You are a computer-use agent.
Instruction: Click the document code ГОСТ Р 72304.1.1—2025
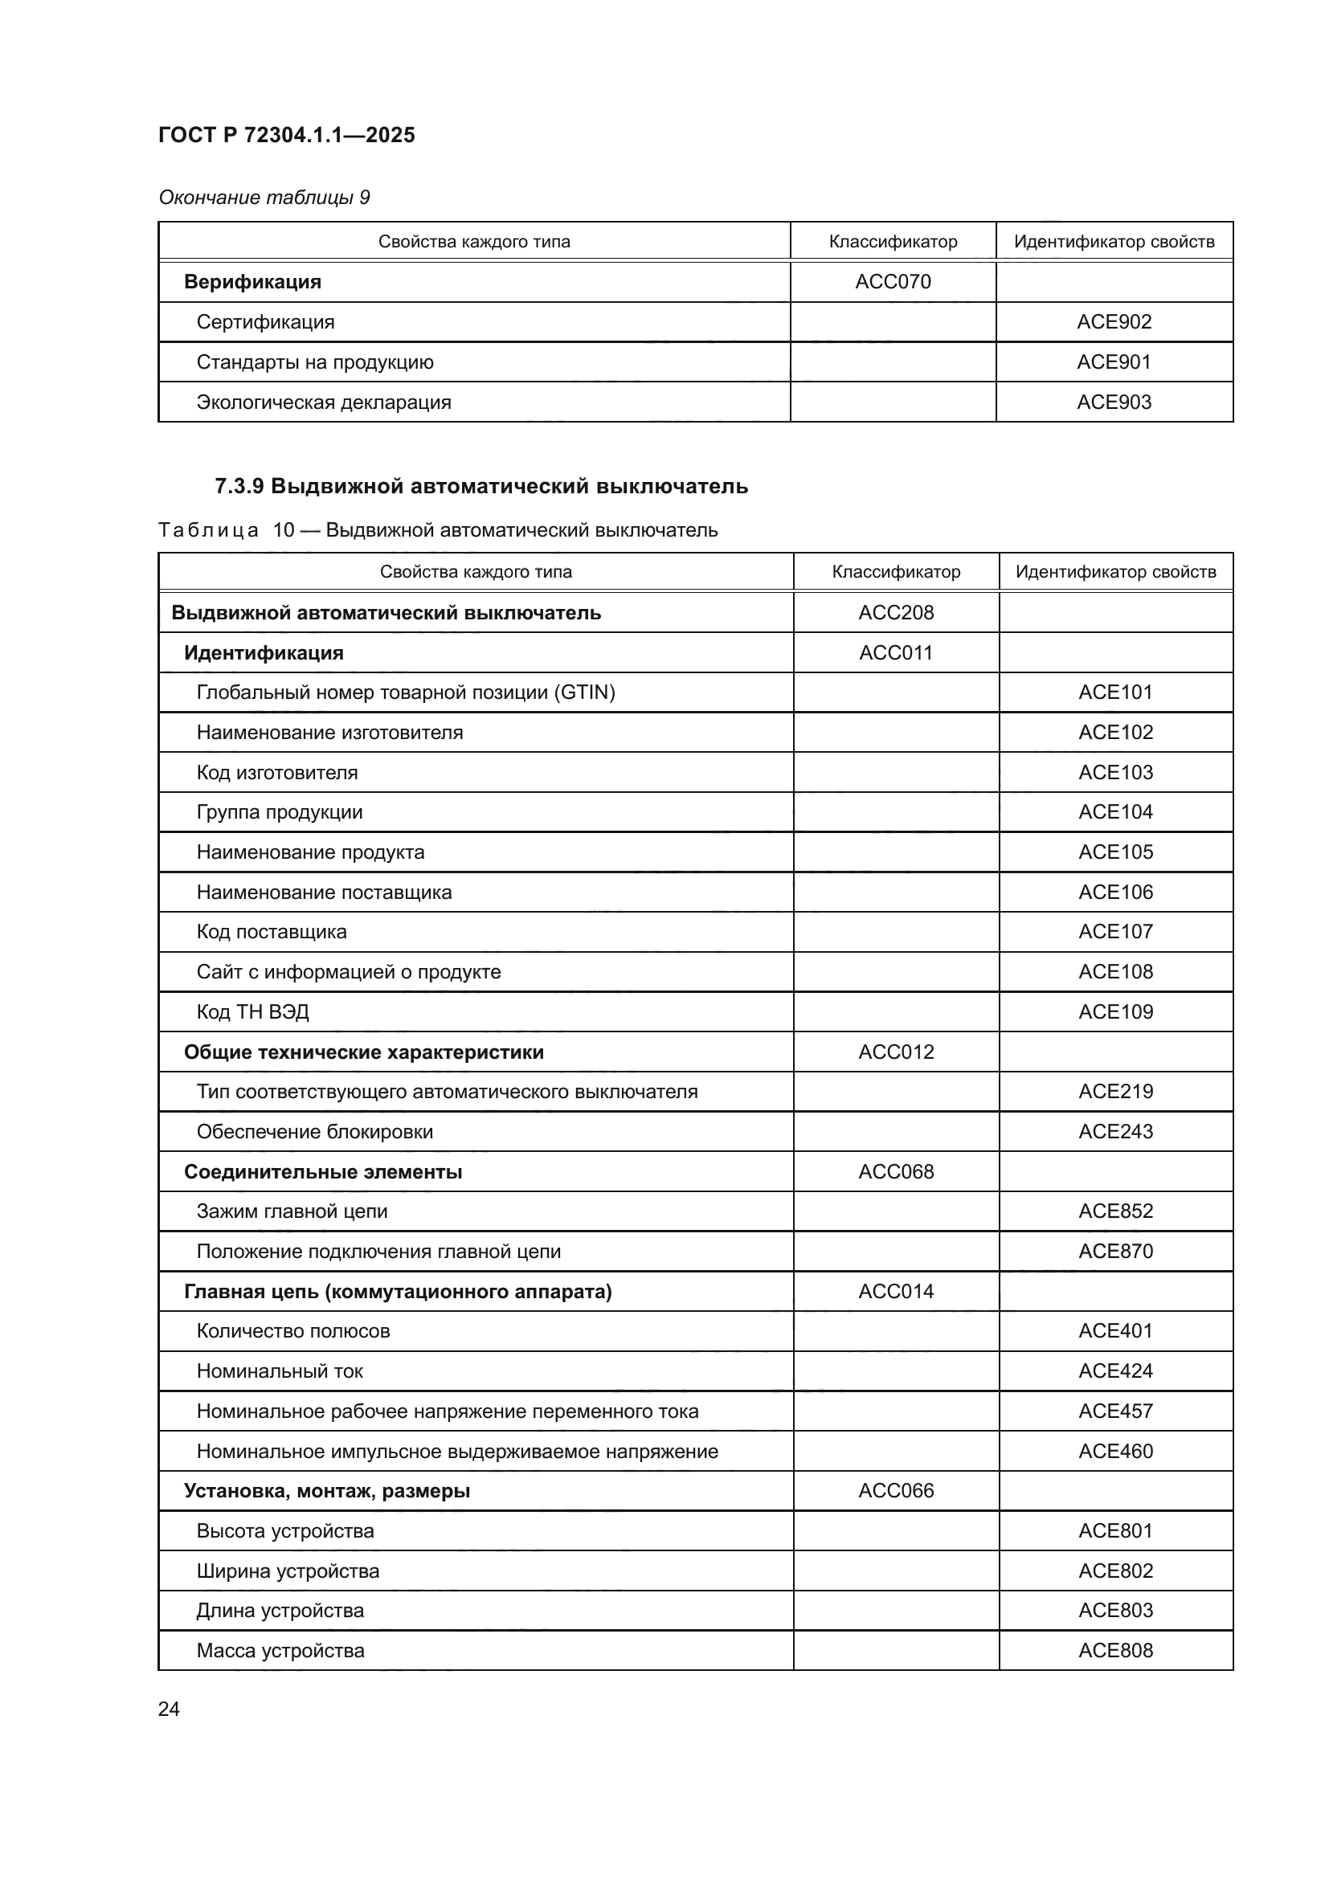click(x=286, y=135)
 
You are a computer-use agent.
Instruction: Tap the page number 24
click(x=169, y=1709)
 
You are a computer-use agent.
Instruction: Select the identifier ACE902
click(x=1114, y=321)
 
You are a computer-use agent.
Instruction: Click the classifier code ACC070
click(x=893, y=281)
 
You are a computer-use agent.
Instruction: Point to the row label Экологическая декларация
click(x=323, y=402)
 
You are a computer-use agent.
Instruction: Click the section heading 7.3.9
click(x=480, y=486)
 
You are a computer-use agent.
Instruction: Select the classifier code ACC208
click(x=895, y=612)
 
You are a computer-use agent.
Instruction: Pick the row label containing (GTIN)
click(x=405, y=692)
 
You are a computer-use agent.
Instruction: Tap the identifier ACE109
click(x=1115, y=1011)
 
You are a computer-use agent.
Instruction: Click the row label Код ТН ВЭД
click(x=252, y=1012)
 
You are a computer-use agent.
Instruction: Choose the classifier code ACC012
click(x=895, y=1052)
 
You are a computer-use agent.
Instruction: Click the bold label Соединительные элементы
click(x=322, y=1172)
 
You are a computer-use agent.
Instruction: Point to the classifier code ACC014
click(x=895, y=1292)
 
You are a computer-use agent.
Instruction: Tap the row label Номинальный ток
click(x=279, y=1370)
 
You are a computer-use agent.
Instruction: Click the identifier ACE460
click(x=1115, y=1451)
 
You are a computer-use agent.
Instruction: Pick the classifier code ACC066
click(x=895, y=1490)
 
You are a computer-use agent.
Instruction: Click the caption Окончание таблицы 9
click(x=264, y=198)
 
